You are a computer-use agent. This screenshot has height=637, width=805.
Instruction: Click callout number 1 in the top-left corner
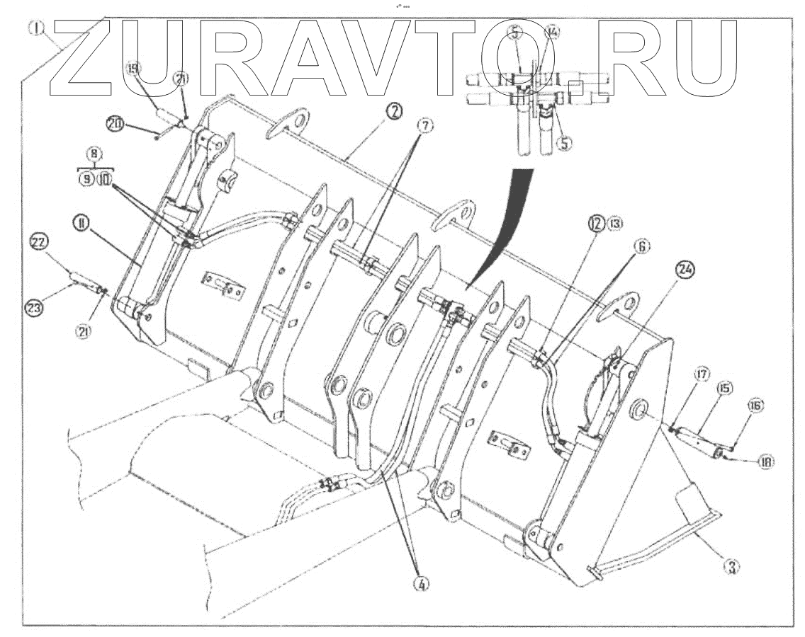point(38,29)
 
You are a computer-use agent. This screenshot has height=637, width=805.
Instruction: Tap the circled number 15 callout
point(726,388)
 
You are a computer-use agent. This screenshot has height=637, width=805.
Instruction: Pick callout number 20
point(113,124)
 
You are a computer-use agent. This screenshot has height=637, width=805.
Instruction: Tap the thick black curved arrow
point(507,219)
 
